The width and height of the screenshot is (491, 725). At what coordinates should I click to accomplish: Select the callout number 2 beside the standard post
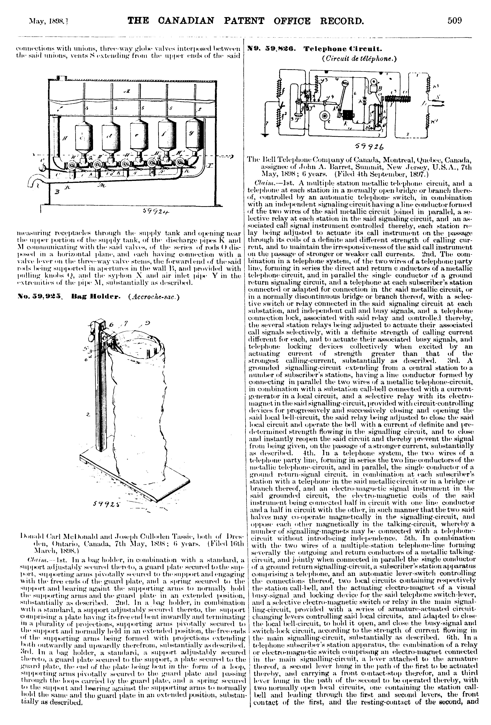click(x=89, y=415)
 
